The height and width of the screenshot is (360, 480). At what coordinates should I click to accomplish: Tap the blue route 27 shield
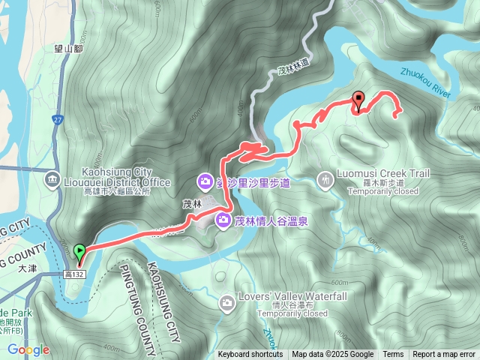tap(58, 120)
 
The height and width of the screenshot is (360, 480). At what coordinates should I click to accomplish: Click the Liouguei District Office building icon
tap(52, 178)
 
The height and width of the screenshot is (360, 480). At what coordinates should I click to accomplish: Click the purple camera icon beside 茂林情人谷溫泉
tap(223, 220)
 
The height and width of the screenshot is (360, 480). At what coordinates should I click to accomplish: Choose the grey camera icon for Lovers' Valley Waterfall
tap(227, 302)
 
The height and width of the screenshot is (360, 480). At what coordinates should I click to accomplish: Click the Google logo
tap(28, 349)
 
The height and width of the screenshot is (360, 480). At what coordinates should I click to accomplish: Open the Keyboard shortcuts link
tap(250, 355)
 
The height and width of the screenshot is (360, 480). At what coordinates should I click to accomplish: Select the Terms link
tap(393, 355)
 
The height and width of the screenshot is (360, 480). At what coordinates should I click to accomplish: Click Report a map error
tap(445, 355)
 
